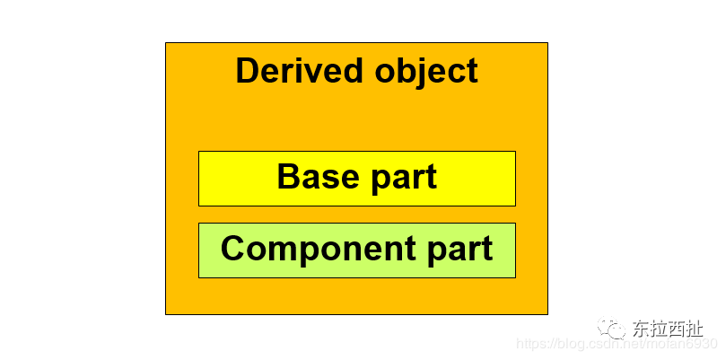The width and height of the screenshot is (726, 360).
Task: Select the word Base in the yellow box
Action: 313,177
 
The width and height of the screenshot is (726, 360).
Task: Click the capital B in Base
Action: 288,177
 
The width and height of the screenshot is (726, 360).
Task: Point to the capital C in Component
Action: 234,249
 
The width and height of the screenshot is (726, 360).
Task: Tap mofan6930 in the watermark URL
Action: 685,344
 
